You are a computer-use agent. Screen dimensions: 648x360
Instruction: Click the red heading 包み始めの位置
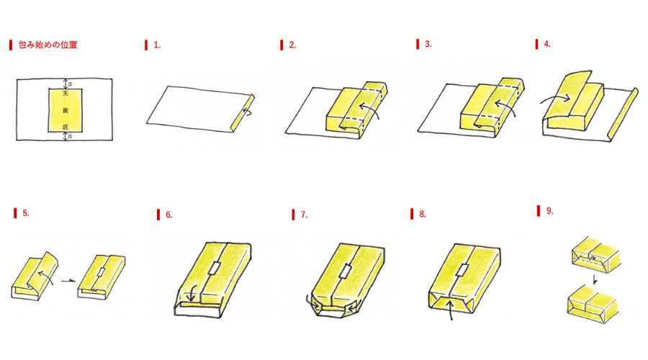48,45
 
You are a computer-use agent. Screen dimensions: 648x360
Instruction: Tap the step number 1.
157,45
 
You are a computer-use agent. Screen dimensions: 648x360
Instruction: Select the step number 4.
547,44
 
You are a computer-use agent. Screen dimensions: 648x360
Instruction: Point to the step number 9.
549,211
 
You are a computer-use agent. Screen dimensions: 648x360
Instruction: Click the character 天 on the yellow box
66,94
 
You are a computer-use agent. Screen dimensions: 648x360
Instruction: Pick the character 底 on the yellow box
66,127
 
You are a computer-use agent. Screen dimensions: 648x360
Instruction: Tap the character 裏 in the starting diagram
66,110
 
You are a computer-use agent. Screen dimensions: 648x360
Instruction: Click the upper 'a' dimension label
71,84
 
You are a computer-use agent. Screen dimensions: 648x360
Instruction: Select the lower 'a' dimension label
71,135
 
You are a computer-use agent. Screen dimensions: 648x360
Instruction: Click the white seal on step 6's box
214,268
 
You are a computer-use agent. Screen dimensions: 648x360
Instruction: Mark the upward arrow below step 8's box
451,310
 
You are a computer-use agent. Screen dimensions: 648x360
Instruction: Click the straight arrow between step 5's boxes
68,281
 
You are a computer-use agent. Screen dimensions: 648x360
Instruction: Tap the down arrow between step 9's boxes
595,279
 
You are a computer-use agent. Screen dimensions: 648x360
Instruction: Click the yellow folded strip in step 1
242,114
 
